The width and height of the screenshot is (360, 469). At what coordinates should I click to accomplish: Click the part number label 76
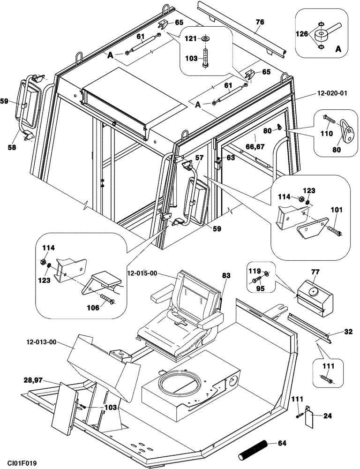click(260, 22)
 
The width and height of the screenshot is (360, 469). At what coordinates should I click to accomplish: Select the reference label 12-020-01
click(332, 93)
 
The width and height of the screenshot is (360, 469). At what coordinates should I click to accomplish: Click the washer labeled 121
click(205, 38)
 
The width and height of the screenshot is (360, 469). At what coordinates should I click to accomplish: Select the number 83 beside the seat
click(226, 277)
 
